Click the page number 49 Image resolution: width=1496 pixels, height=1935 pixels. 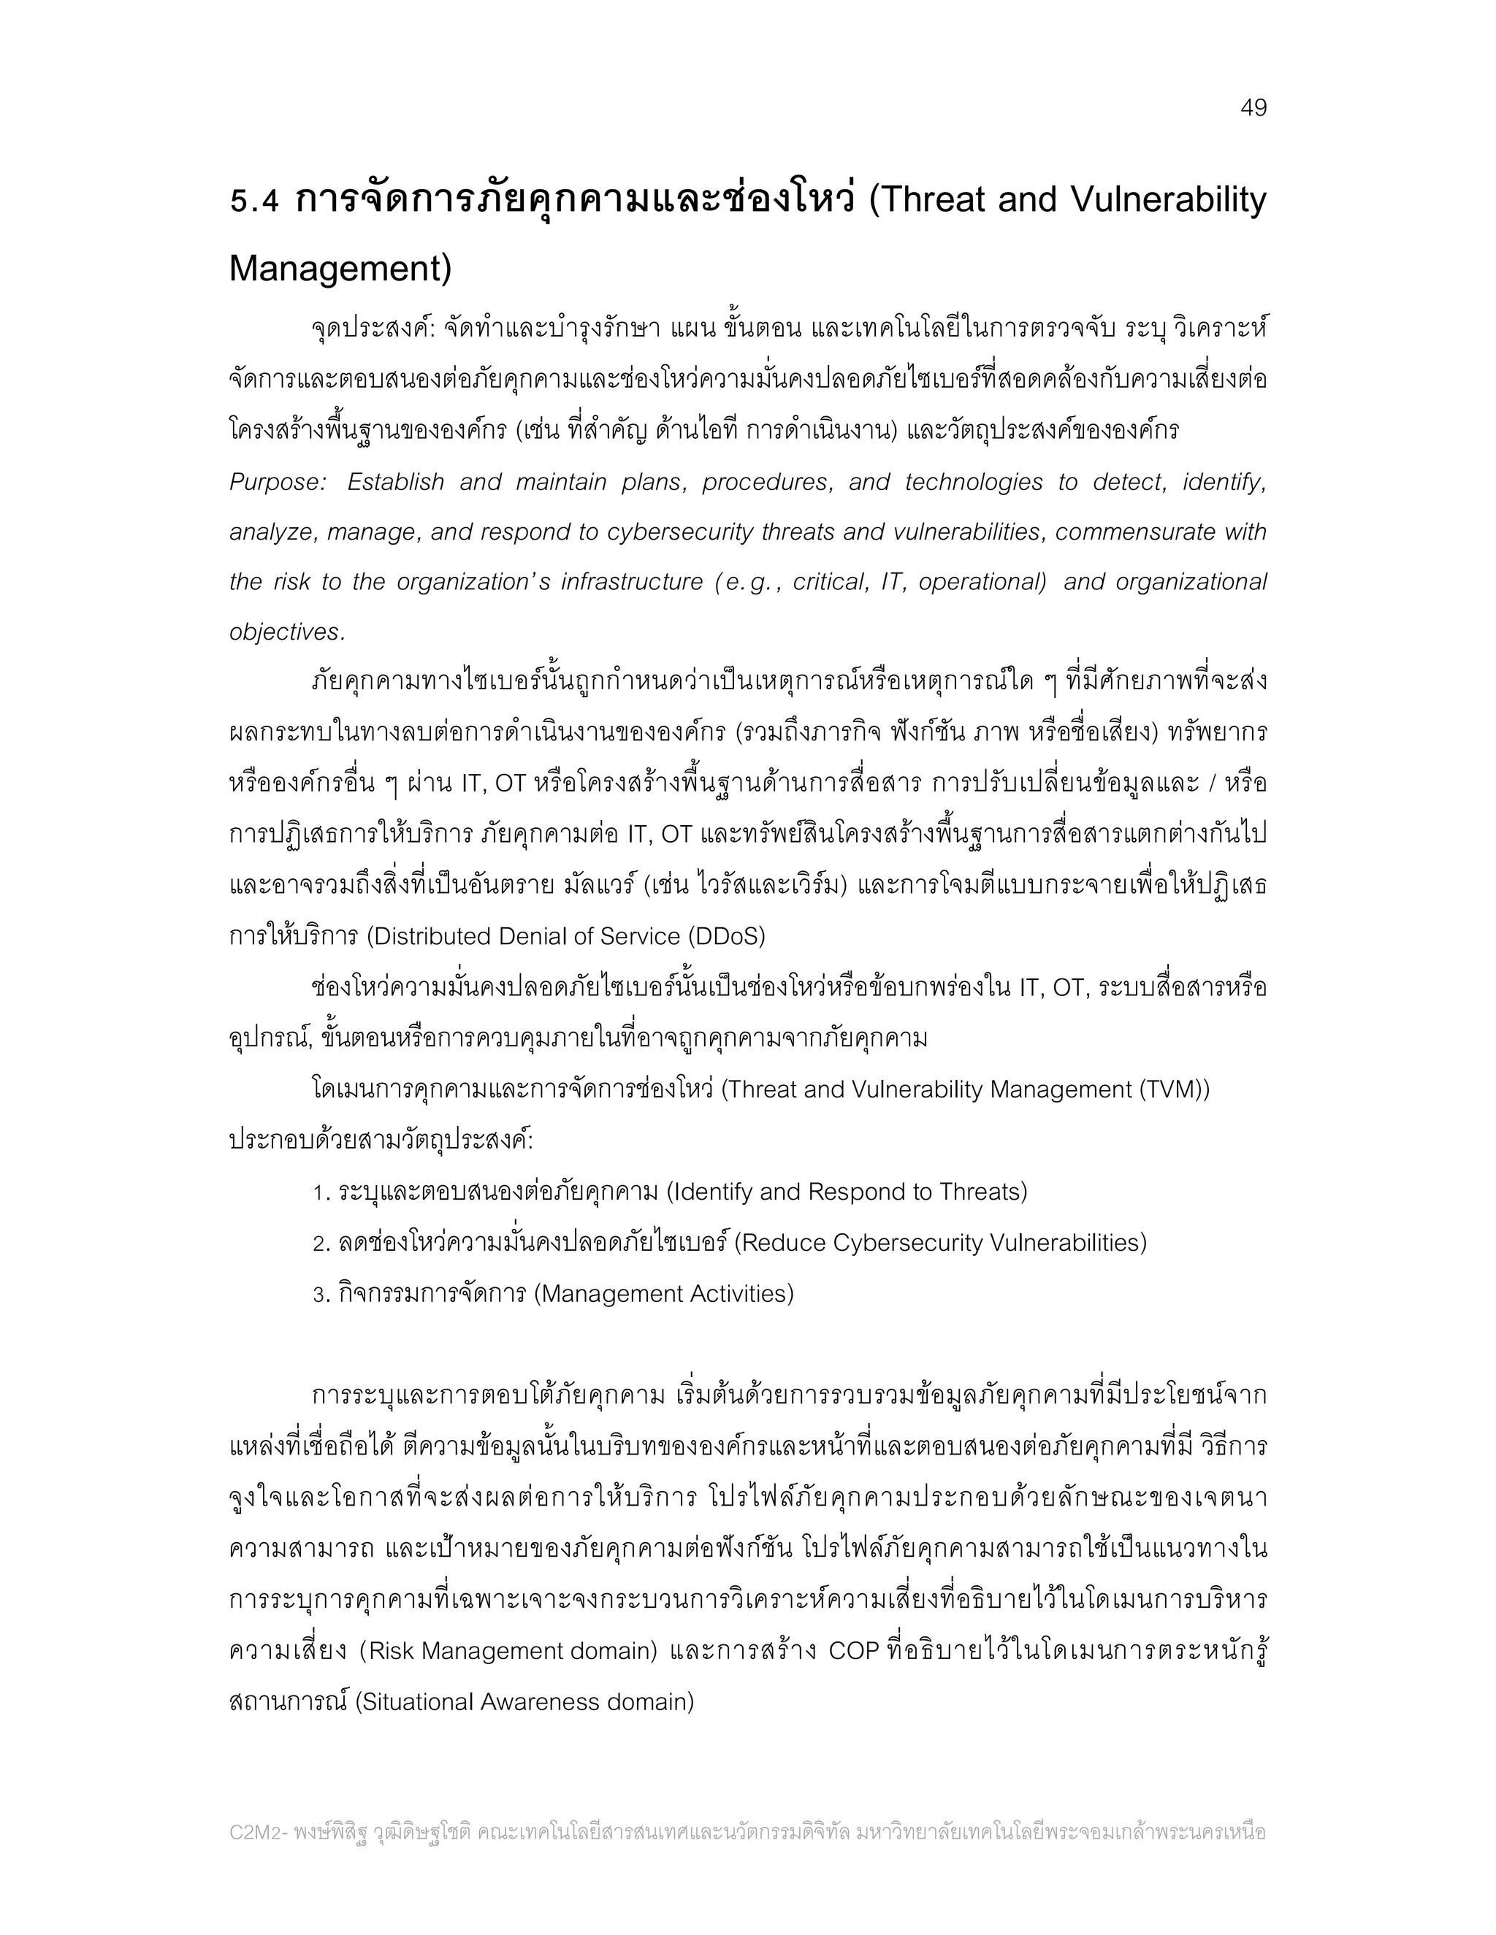pyautogui.click(x=1253, y=108)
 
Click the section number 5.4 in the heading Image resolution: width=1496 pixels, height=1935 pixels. pyautogui.click(x=253, y=201)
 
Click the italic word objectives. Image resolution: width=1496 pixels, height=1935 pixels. pyautogui.click(x=286, y=632)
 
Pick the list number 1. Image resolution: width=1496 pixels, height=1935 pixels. pyautogui.click(x=321, y=1192)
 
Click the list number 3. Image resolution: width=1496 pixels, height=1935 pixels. pyautogui.click(x=321, y=1295)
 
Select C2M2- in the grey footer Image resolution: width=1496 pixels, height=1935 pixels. pyautogui.click(x=258, y=1831)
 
